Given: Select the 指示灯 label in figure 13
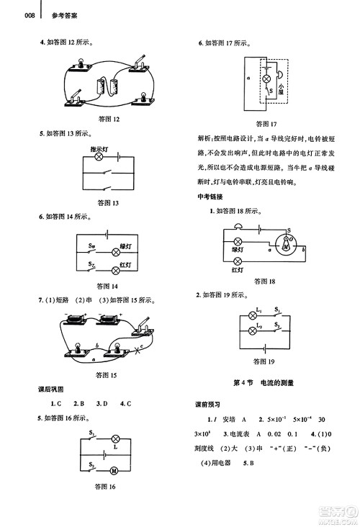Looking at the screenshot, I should point(100,150).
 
